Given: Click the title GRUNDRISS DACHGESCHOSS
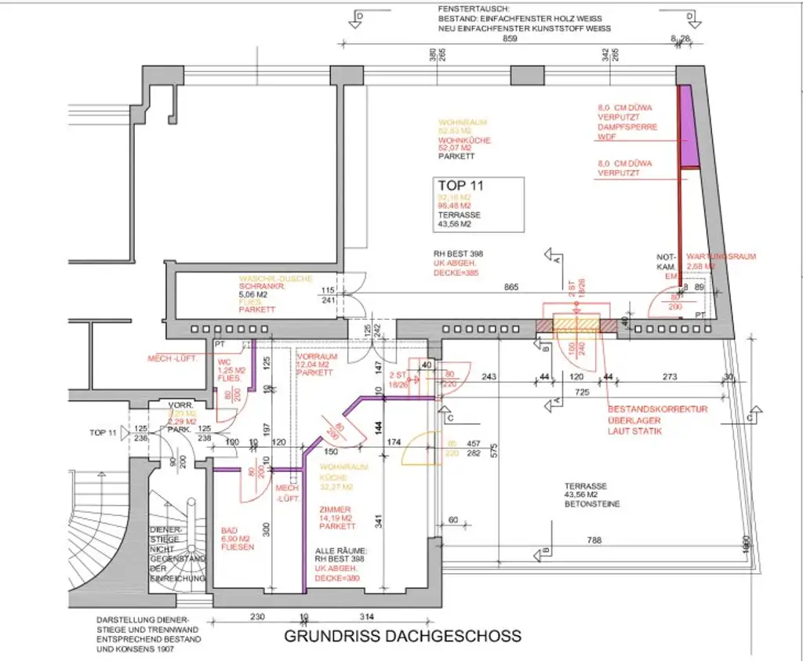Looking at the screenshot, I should pyautogui.click(x=402, y=636).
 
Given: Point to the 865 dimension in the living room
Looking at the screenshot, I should pyautogui.click(x=511, y=288).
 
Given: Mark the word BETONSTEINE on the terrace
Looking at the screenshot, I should pyautogui.click(x=592, y=504).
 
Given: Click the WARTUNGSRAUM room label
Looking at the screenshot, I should pyautogui.click(x=721, y=256).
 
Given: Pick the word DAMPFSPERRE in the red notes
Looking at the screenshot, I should pyautogui.click(x=627, y=127).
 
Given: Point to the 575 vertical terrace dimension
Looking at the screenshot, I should pyautogui.click(x=495, y=450).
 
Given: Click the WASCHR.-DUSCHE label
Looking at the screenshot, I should pyautogui.click(x=276, y=278).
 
